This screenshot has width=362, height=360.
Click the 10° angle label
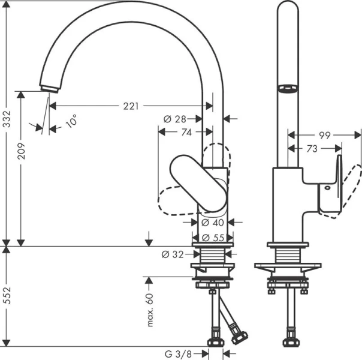[71, 121]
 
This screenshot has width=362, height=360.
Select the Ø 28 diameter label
[175, 119]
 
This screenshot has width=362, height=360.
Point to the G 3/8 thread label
[178, 353]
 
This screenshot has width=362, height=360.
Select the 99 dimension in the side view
[324, 136]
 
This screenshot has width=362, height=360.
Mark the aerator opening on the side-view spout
[288, 89]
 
